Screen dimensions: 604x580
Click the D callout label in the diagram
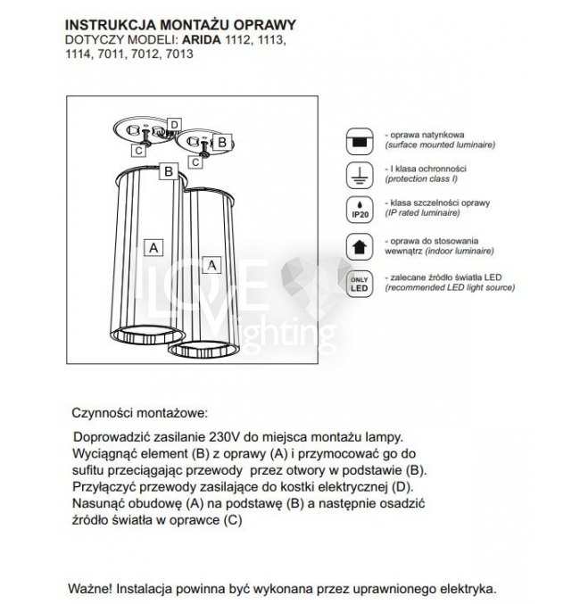point(175,124)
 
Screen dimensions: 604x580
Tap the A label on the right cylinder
point(211,265)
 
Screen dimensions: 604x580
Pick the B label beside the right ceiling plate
point(223,140)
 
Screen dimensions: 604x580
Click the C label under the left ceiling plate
point(139,151)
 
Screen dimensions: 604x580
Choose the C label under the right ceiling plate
point(195,163)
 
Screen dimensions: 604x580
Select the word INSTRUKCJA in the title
point(105,25)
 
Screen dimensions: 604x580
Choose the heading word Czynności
point(102,415)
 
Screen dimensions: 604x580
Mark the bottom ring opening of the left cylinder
point(147,335)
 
